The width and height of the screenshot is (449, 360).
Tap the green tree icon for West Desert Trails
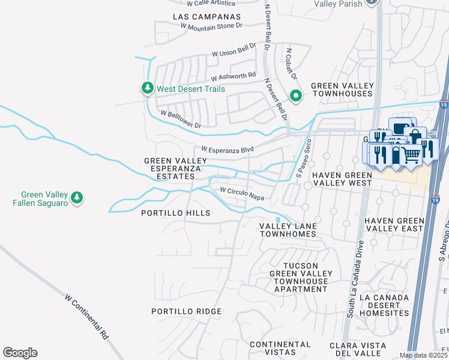[x=147, y=89]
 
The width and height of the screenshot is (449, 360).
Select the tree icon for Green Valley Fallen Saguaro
[x=76, y=197]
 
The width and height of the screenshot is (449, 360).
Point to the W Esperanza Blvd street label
[x=228, y=149]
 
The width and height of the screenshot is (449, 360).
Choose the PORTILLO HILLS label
[x=175, y=213]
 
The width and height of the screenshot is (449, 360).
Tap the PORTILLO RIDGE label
[x=186, y=311]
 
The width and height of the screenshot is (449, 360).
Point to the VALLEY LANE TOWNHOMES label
[x=288, y=230]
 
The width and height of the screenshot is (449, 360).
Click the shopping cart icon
[x=411, y=154]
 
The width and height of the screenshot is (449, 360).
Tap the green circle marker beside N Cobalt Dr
[x=295, y=95]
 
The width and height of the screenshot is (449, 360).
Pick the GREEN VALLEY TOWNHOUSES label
[x=342, y=90]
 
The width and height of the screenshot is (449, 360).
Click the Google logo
[x=20, y=352]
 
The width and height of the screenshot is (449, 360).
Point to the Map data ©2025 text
[x=423, y=355]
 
